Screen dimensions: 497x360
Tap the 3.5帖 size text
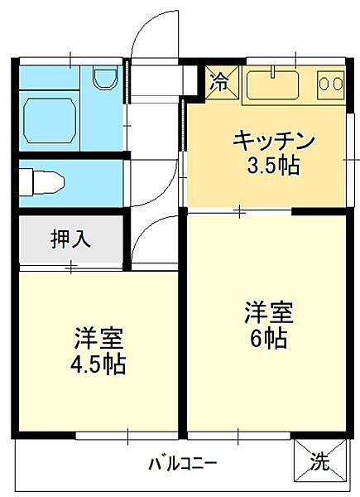pyautogui.click(x=273, y=165)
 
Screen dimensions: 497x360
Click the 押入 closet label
pyautogui.click(x=71, y=240)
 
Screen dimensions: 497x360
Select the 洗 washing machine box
pyautogui.click(x=319, y=461)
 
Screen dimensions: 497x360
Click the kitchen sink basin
pyautogui.click(x=273, y=84)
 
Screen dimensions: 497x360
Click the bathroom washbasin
pyautogui.click(x=104, y=80)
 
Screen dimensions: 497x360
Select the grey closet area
pyautogui.click(x=71, y=241)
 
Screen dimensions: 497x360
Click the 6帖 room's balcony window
pyautogui.click(x=240, y=435)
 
